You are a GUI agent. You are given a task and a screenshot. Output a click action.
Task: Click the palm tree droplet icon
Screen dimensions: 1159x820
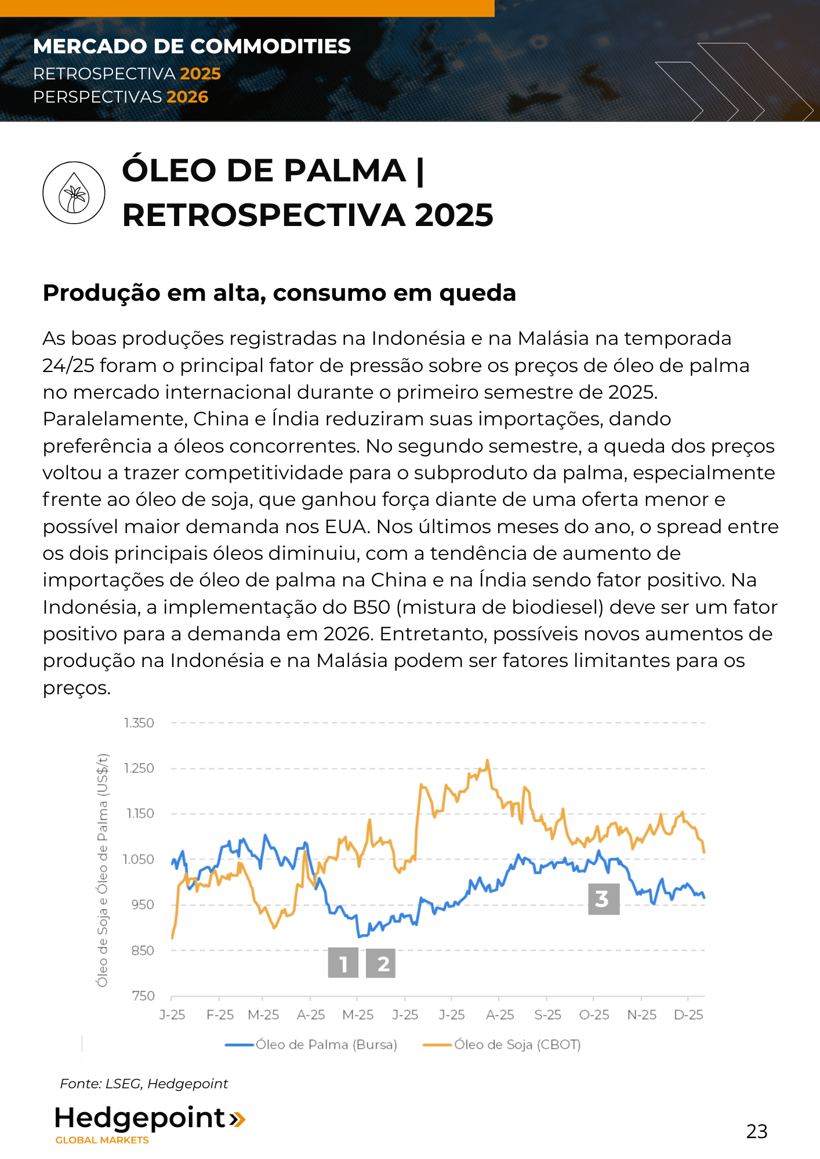point(74,193)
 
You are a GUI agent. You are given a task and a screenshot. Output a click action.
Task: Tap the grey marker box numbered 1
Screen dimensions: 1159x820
point(343,963)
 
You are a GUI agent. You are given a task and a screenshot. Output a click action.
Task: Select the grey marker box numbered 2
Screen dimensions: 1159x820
point(381,963)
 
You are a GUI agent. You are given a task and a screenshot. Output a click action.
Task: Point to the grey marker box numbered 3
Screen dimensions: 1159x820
point(604,899)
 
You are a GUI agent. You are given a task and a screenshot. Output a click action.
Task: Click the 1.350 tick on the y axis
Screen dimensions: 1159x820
point(139,723)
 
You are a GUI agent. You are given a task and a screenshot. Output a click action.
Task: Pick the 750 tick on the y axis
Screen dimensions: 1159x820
point(143,996)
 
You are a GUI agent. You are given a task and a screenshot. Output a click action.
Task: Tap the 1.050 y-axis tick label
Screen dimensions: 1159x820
point(139,859)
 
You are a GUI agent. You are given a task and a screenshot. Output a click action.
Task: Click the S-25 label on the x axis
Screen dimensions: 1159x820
point(547,1015)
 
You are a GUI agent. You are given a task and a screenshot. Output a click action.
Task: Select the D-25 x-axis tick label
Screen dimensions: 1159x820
point(688,1015)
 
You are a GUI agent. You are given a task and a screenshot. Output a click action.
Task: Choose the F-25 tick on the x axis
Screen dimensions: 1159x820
point(220,1015)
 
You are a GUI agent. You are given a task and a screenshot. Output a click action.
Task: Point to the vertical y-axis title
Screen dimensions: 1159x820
point(103,869)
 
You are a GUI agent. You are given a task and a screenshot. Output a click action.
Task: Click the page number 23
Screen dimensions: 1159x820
point(757,1131)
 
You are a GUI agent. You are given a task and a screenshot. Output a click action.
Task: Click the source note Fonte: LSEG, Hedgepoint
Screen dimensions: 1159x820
point(144,1084)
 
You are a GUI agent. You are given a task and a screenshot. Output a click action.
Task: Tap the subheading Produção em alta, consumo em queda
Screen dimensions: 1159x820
point(279,293)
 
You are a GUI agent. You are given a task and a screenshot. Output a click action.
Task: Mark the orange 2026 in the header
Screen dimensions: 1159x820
point(187,97)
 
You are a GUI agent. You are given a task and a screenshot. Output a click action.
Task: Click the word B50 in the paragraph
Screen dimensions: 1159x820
point(371,607)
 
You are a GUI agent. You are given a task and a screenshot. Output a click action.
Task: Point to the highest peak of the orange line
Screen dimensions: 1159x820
point(488,760)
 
